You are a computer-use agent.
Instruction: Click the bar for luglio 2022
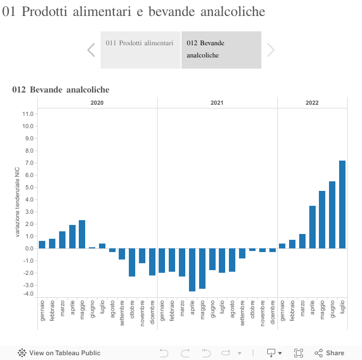click(342, 205)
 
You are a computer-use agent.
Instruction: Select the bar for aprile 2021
click(192, 270)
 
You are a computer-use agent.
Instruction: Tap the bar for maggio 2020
click(82, 234)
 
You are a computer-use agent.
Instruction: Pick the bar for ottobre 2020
click(132, 262)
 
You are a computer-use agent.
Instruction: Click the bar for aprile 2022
click(312, 227)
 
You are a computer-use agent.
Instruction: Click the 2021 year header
click(217, 103)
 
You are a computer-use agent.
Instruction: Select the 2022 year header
click(312, 103)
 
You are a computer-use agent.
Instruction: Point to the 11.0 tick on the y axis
click(28, 114)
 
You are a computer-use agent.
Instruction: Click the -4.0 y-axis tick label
click(28, 294)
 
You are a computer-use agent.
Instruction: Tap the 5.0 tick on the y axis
click(28, 187)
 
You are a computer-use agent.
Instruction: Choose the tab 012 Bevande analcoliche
click(221, 49)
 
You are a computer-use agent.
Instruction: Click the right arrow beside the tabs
click(271, 50)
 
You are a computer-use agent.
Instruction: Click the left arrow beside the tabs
click(91, 50)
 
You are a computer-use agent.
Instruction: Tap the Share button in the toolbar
click(330, 353)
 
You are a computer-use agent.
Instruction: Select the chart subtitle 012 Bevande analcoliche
click(61, 90)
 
